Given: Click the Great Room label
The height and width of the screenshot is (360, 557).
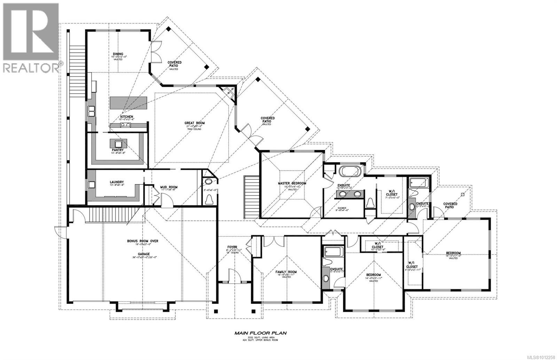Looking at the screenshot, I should [x=194, y=123].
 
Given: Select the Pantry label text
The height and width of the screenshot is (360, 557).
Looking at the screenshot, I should [x=118, y=150].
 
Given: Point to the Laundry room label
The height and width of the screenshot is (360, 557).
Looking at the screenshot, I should [x=117, y=182].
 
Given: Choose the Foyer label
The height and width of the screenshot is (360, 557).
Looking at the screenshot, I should [x=232, y=247].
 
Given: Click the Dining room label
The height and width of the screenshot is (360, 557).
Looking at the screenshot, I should [x=117, y=54].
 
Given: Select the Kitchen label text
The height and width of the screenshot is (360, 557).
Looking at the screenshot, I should [x=126, y=117].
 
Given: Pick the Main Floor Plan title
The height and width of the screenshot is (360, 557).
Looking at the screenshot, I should [x=260, y=333].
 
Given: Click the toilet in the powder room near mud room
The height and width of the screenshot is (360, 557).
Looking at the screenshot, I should [x=209, y=199].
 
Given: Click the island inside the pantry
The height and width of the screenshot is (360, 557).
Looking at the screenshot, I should [x=118, y=143].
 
